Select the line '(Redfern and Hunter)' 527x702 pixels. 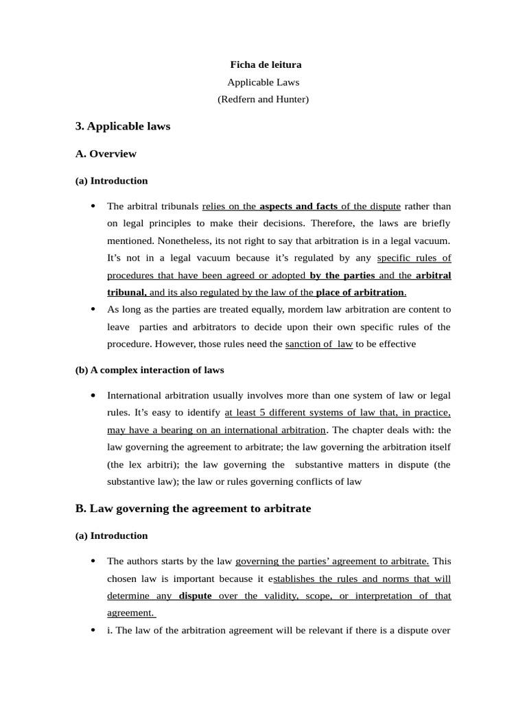[263, 99]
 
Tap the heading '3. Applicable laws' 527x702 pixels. [122, 126]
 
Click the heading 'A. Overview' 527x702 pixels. [106, 154]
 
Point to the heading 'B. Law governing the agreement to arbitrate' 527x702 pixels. [193, 509]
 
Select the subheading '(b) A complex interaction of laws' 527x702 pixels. [150, 370]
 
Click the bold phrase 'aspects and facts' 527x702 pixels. [298, 206]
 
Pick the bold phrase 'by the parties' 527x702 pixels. [342, 275]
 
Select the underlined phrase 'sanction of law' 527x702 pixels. [319, 344]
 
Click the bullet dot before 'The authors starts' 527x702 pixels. [93, 561]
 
